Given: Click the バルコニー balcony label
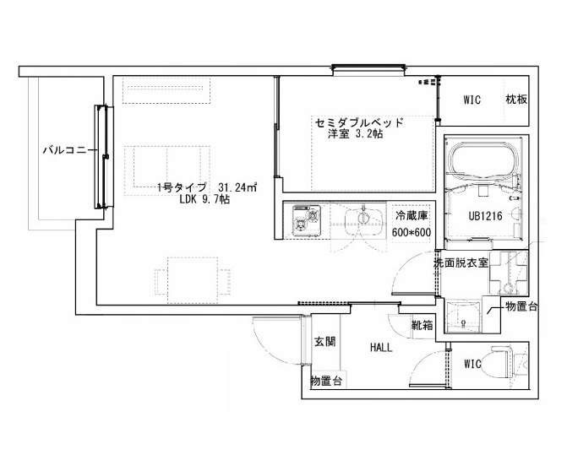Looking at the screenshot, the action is click(65, 150).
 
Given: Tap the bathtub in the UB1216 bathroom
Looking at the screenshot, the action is click(484, 161).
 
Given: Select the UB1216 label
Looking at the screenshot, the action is click(485, 216).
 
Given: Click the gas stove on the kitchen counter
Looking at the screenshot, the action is click(306, 220).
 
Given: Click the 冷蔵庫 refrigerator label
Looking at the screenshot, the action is click(412, 215).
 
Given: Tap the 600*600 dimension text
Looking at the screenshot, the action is click(412, 232).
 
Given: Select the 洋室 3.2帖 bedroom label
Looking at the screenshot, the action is click(355, 134).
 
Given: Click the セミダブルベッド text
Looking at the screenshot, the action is click(359, 122).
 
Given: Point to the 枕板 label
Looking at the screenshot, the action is click(516, 100).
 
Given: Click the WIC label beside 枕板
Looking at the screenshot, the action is click(472, 100).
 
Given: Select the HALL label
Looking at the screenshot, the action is click(381, 348).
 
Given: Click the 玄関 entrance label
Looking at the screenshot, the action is click(324, 342).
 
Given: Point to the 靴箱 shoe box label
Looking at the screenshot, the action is click(423, 325).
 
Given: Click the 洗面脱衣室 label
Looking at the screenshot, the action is click(461, 262).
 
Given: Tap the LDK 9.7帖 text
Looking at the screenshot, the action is click(204, 199).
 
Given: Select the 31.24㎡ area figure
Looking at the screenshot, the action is click(237, 187).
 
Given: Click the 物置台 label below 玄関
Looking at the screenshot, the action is click(326, 381).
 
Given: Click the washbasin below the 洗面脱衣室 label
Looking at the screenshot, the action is click(463, 315).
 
